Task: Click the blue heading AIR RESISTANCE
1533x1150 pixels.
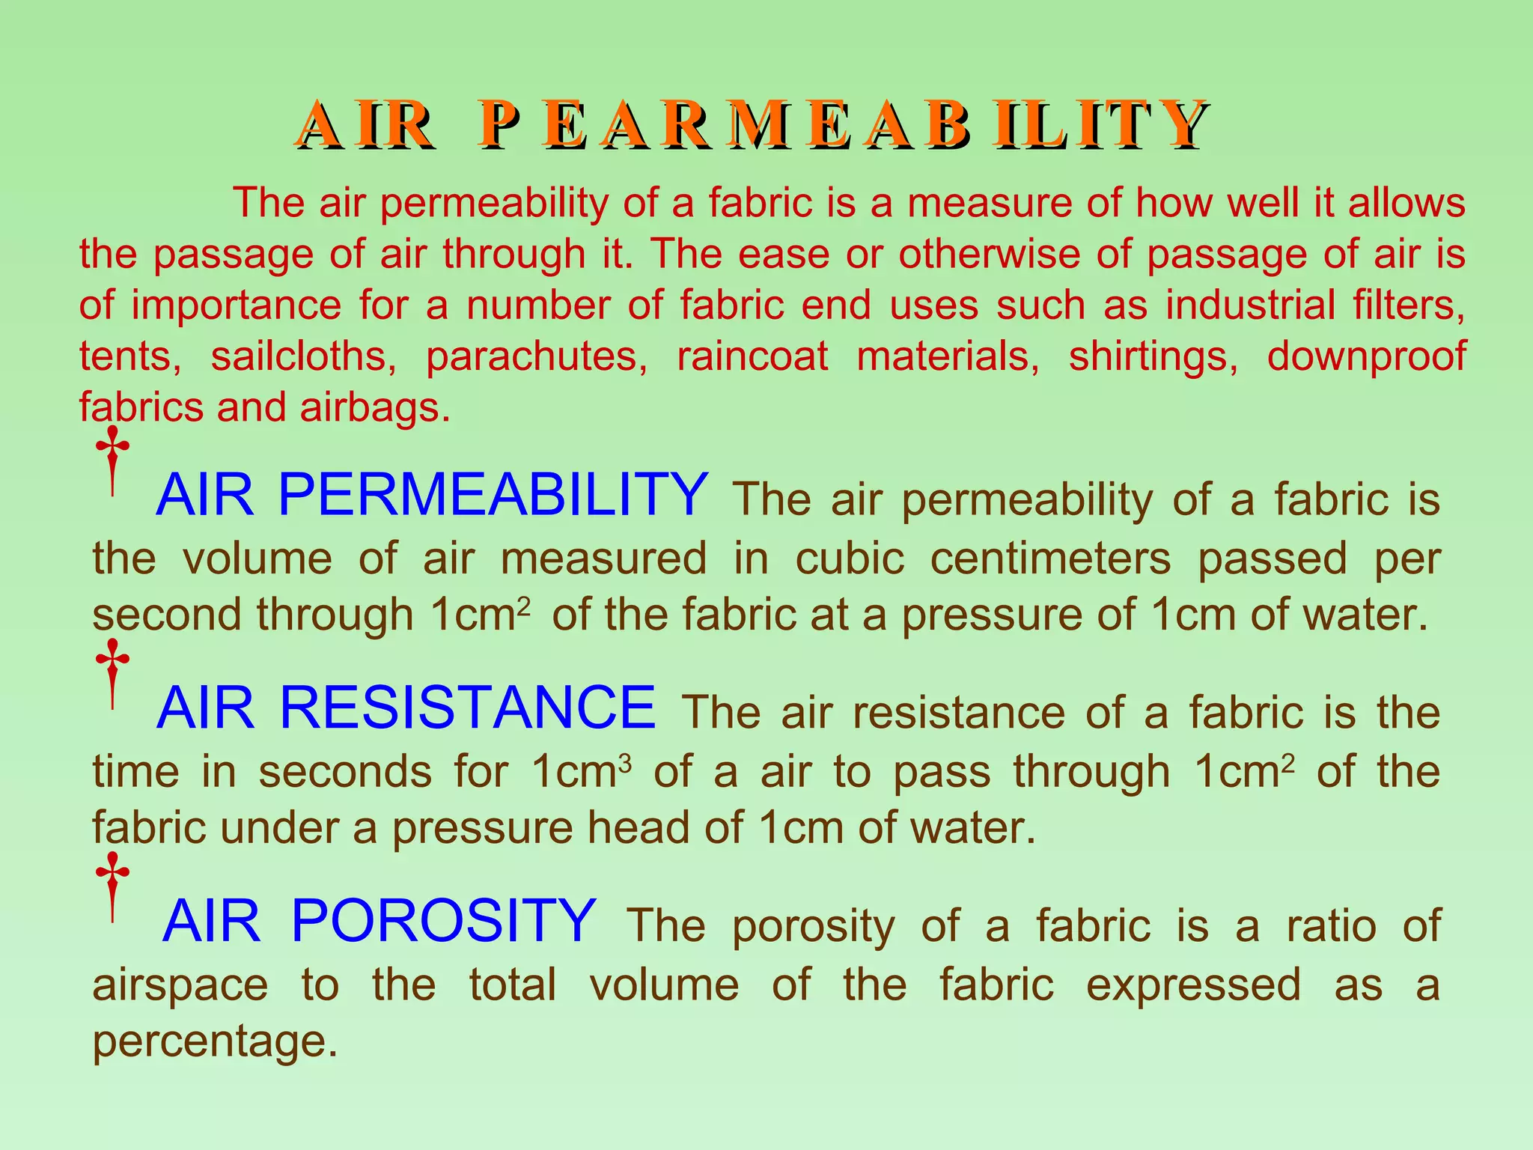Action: click(406, 708)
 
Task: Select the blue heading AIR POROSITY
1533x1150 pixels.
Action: click(380, 921)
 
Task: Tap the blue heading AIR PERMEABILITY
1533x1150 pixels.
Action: click(432, 495)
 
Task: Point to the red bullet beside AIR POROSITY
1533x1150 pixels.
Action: click(112, 886)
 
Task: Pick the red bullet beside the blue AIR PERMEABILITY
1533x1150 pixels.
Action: click(112, 461)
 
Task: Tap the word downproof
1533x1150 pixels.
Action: click(1366, 356)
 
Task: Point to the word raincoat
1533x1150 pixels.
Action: click(752, 356)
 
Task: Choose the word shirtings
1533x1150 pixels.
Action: click(1153, 356)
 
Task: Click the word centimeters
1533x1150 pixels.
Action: click(1050, 559)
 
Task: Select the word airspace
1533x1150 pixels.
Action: click(180, 985)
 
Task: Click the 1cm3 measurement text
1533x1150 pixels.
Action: click(582, 772)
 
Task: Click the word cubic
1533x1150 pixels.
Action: click(850, 559)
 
